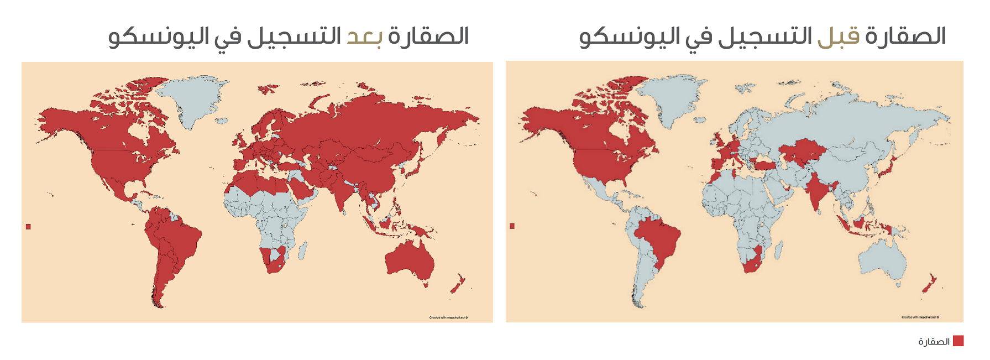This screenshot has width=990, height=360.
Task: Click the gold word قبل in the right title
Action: tap(839, 37)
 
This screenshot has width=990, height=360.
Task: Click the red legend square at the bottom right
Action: tap(958, 341)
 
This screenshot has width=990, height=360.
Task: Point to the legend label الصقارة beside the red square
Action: tap(934, 342)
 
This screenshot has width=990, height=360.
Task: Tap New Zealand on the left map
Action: tap(458, 285)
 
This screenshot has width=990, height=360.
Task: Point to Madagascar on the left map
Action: tap(302, 251)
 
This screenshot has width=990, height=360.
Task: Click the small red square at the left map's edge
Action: tap(28, 227)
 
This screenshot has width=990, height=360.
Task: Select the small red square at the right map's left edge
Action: tap(512, 226)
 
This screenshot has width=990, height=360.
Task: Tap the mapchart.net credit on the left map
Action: tap(448, 317)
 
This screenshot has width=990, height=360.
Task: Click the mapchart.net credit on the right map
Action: tap(920, 317)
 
